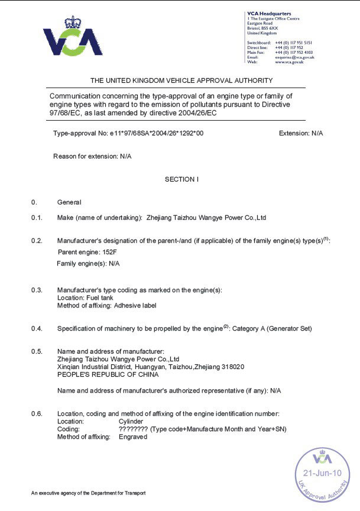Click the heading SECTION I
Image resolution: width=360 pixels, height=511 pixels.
pyautogui.click(x=181, y=179)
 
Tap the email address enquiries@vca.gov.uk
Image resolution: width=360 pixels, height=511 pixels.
pyautogui.click(x=294, y=57)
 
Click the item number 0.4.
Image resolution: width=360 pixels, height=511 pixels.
pyautogui.click(x=37, y=328)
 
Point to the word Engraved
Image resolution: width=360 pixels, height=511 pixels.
pyautogui.click(x=132, y=436)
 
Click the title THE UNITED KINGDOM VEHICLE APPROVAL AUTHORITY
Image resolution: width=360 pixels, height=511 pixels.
pyautogui.click(x=181, y=80)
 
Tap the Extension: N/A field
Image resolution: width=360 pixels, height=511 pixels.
pyautogui.click(x=300, y=133)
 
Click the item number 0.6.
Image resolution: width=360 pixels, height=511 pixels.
pyautogui.click(x=37, y=413)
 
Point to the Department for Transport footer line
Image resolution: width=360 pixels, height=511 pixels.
pyautogui.click(x=88, y=493)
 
